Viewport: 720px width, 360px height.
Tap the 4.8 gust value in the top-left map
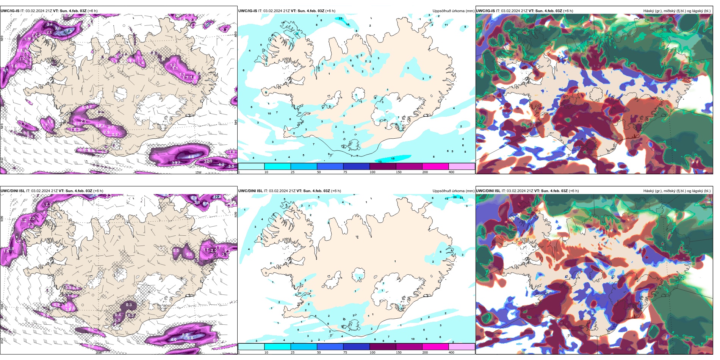pos(191,157)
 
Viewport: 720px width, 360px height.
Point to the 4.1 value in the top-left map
pos(6,70)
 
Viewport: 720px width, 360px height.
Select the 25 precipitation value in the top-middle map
pos(340,19)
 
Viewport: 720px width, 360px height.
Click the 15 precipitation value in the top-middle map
pos(393,159)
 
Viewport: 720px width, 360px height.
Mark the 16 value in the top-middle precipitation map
pos(348,25)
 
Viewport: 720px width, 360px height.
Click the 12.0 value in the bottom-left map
pos(217,197)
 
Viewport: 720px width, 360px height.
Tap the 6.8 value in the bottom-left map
pos(190,338)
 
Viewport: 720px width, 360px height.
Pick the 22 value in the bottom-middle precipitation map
pos(461,197)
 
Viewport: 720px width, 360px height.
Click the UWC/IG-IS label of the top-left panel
pos(10,11)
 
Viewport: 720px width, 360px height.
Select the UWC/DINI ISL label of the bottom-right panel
pos(488,191)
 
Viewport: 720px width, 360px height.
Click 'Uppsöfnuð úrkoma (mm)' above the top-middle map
pos(453,11)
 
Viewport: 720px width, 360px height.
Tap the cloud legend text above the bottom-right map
pos(677,191)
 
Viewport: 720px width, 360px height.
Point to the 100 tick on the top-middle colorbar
pos(373,172)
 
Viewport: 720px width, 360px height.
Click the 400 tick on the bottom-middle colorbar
pos(451,352)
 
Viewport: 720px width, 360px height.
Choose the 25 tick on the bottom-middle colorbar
pos(293,352)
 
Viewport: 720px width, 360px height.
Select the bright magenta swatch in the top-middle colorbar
pos(435,166)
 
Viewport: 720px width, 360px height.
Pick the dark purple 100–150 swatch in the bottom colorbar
pos(382,347)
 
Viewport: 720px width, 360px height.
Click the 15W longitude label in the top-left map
pos(198,172)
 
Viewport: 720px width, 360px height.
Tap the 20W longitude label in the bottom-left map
pos(99,353)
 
